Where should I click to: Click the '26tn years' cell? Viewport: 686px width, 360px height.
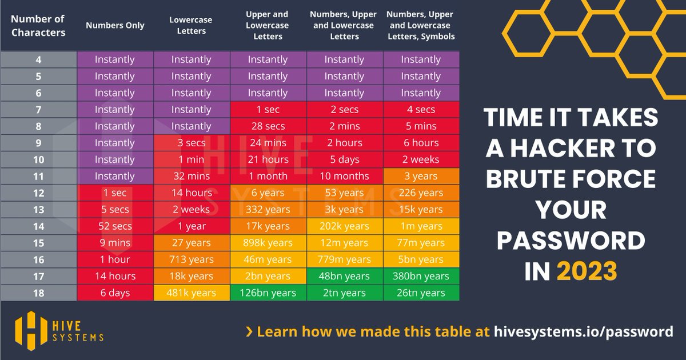tap(421, 293)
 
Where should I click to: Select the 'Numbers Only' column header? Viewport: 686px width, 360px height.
tap(115, 25)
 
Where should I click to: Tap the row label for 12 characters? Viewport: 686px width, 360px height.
tap(38, 193)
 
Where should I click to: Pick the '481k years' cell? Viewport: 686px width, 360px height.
tap(192, 293)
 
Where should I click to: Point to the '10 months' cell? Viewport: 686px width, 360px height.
tap(344, 176)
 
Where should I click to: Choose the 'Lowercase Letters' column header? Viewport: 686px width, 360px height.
tap(192, 25)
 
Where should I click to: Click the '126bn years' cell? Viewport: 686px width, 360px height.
tap(268, 293)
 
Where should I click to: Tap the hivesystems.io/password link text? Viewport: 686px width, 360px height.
tap(583, 331)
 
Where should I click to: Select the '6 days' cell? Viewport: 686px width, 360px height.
tap(115, 293)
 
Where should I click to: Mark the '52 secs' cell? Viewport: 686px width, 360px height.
tap(115, 226)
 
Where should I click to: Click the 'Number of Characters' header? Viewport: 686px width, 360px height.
tap(38, 26)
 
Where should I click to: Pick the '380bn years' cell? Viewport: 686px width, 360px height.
tap(421, 276)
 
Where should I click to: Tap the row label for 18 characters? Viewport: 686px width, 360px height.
tap(38, 293)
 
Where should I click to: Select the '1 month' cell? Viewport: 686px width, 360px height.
tap(268, 176)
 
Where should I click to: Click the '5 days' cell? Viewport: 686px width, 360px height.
tap(344, 159)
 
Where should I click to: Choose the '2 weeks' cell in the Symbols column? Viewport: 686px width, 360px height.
tap(421, 159)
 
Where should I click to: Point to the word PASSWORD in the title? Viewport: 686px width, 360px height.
tap(571, 241)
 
